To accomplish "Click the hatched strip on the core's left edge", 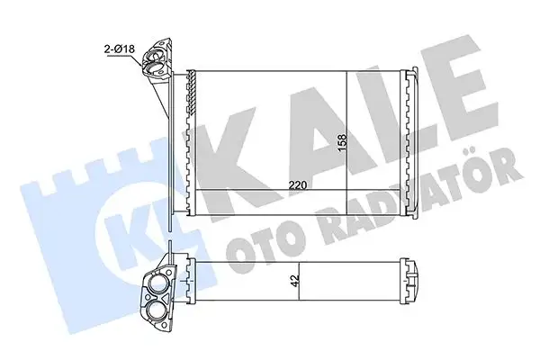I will pyautogui.click(x=190, y=126).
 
